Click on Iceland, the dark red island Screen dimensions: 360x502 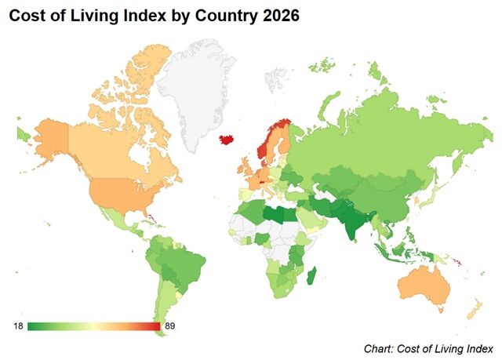[228, 139]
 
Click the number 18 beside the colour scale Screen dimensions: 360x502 [18, 325]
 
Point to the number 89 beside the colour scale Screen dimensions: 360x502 [169, 325]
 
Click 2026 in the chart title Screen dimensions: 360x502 [279, 16]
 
